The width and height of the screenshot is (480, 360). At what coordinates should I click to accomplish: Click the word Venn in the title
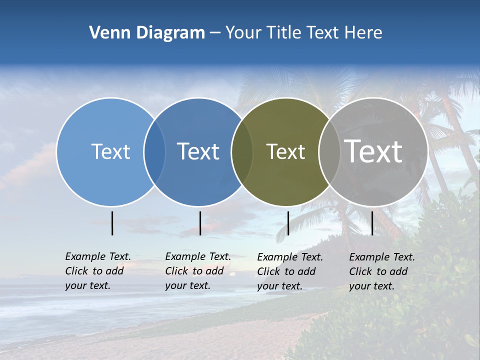click(106, 33)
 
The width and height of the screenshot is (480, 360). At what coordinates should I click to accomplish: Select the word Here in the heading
click(363, 33)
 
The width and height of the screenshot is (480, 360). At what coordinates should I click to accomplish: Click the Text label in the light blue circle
click(110, 151)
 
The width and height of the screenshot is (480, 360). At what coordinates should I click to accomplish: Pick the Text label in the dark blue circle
click(198, 151)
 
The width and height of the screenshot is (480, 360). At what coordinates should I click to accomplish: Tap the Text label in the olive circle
click(285, 151)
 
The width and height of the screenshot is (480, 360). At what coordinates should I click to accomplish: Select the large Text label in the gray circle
click(373, 151)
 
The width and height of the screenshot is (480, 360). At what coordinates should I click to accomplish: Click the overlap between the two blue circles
click(154, 151)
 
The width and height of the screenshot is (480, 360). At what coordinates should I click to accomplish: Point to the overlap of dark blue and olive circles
click(242, 151)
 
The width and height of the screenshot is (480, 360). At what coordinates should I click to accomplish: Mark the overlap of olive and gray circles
click(327, 151)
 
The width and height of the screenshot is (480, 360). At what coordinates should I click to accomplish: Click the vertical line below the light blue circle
click(112, 223)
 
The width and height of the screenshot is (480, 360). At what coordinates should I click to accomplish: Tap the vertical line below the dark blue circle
click(200, 223)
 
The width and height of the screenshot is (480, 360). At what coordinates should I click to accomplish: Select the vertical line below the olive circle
click(288, 223)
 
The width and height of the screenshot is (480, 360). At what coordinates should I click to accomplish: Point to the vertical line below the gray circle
click(372, 223)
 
